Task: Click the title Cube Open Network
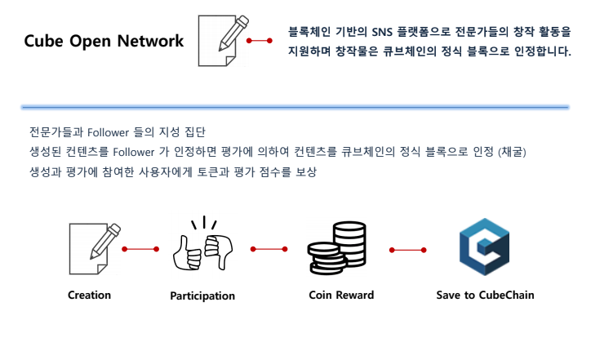pyautogui.click(x=104, y=41)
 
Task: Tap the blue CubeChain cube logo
pyautogui.click(x=484, y=247)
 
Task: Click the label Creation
pyautogui.click(x=89, y=295)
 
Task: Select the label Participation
pyautogui.click(x=202, y=296)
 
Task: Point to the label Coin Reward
pyautogui.click(x=341, y=295)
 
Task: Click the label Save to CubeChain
pyautogui.click(x=485, y=295)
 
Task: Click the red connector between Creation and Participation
pyautogui.click(x=140, y=249)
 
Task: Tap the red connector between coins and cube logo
pyautogui.click(x=407, y=249)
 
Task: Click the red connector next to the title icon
pyautogui.click(x=259, y=40)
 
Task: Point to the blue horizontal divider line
pyautogui.click(x=295, y=107)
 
